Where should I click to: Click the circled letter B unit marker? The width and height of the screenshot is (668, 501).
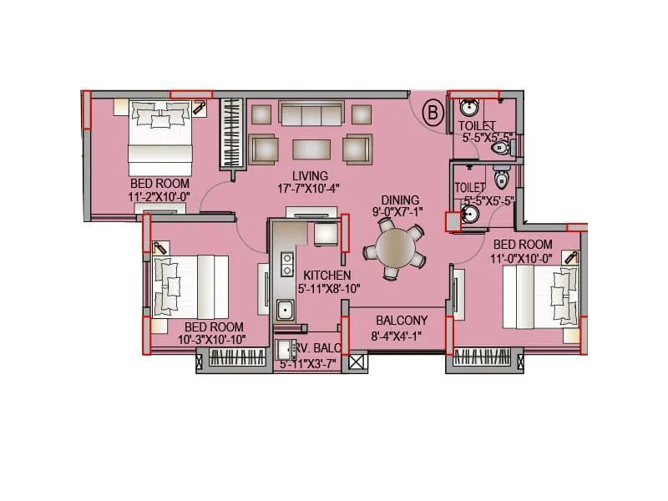point(433,112)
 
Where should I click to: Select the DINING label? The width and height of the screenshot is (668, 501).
point(400,200)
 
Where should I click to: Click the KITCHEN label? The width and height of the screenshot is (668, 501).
point(326,276)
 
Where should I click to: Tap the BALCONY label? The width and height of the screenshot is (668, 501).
point(401,321)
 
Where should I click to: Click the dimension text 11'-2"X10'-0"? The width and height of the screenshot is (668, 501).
point(159,196)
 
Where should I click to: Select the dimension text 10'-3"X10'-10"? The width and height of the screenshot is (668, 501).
point(213,340)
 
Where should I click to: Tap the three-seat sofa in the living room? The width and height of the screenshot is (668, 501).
point(311,114)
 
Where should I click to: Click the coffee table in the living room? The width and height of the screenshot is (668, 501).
point(311,149)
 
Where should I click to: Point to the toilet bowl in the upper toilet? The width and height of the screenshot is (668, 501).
point(499,148)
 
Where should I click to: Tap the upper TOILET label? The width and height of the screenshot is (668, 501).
point(477,126)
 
